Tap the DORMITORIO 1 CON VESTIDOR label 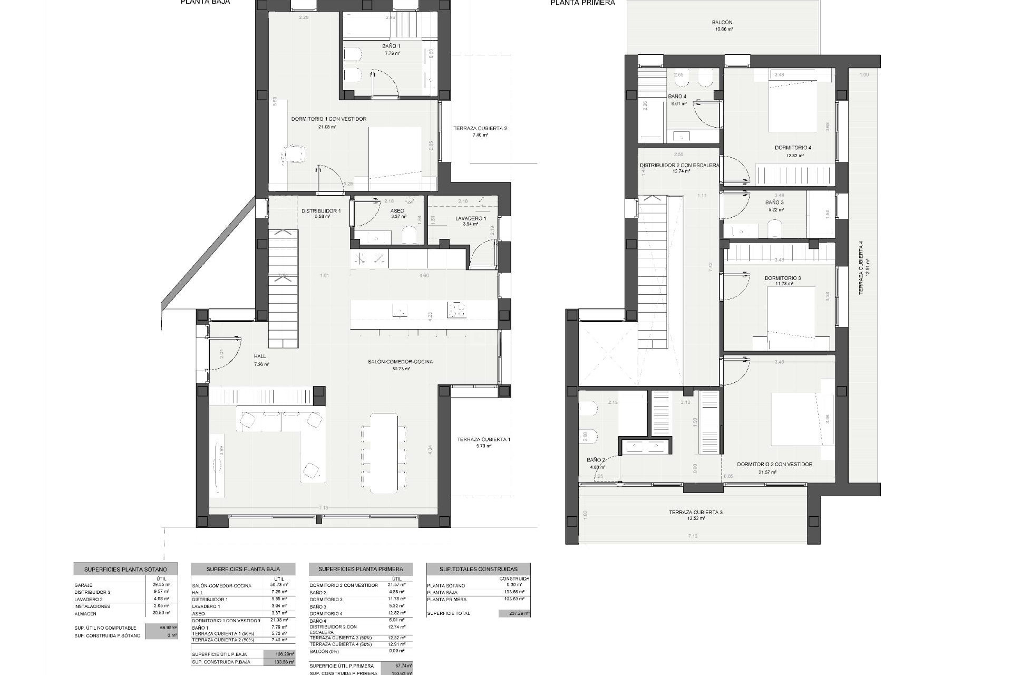(x=328, y=119)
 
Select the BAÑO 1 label (x=391, y=46)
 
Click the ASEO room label (x=397, y=211)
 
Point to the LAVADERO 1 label (x=471, y=218)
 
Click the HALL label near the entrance (x=260, y=356)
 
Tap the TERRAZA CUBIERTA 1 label (x=483, y=439)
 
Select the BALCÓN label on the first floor (x=722, y=23)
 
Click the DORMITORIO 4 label (x=793, y=148)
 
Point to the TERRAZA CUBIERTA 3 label (x=696, y=512)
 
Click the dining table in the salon (x=384, y=452)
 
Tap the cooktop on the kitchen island (x=456, y=310)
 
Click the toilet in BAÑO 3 (x=774, y=229)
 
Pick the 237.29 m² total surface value (x=514, y=613)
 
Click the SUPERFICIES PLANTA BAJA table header (x=243, y=569)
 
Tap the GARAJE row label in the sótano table (x=84, y=585)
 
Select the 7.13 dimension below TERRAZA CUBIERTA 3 (x=692, y=536)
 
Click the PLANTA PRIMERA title (x=582, y=3)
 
